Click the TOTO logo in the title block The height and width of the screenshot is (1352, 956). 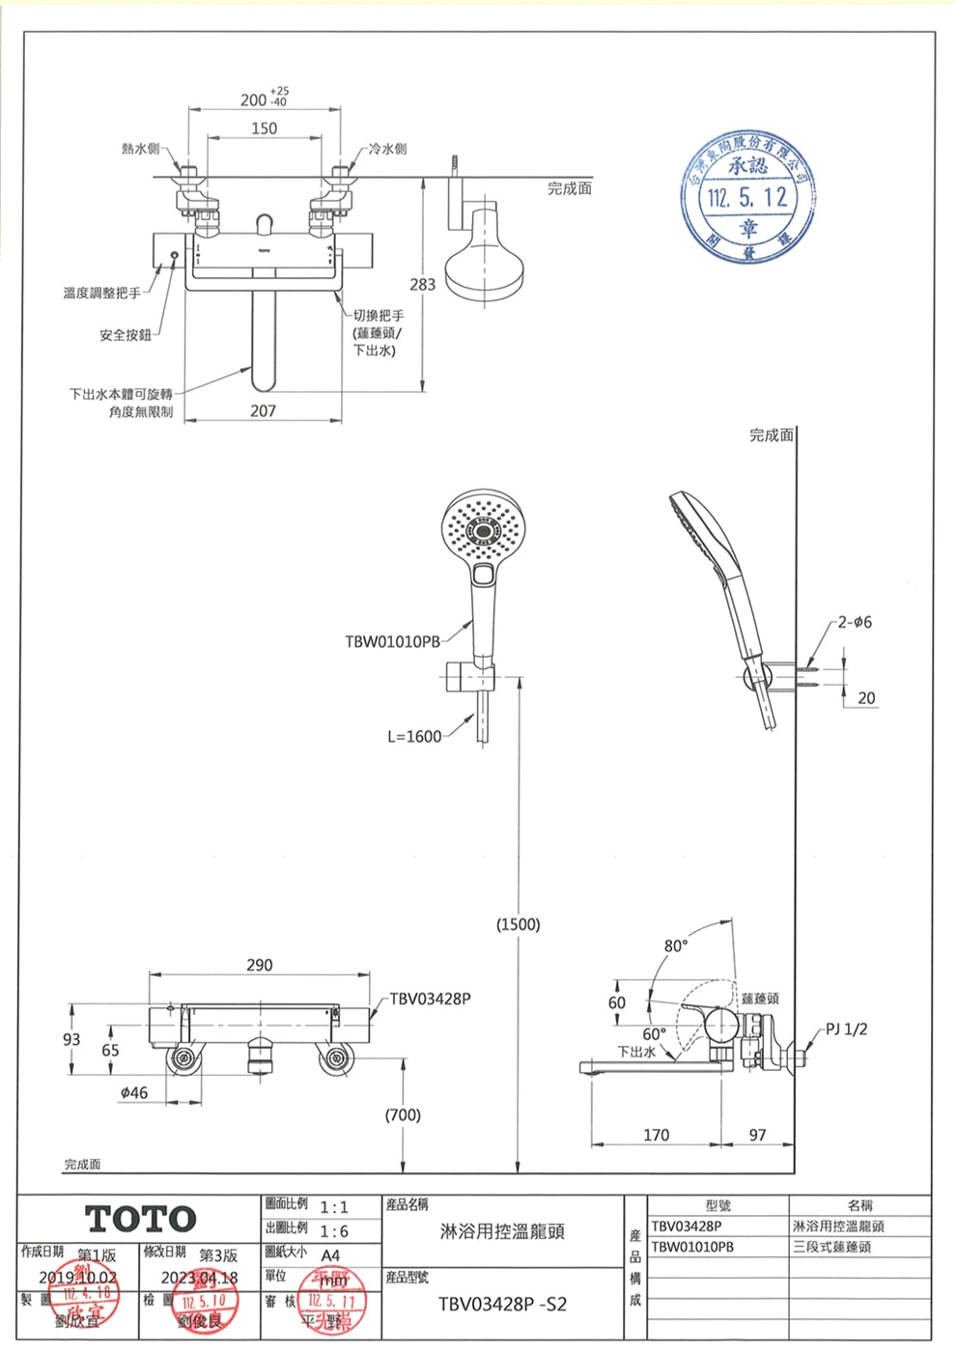pos(141,1219)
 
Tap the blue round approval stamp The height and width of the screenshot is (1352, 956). pos(748,199)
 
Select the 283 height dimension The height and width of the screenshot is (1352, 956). pos(422,285)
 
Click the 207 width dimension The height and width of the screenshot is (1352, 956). pos(263,411)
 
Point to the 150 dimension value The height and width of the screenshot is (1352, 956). pos(264,128)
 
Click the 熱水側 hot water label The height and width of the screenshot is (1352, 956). pos(140,149)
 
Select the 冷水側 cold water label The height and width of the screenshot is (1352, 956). pos(387,149)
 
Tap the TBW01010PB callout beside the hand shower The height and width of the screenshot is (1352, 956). pos(392,641)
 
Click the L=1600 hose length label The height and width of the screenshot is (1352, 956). pos(414,737)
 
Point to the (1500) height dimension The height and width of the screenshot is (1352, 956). pos(518,924)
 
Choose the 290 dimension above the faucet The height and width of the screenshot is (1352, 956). pos(259,965)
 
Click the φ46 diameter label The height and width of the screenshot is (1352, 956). pos(134,1092)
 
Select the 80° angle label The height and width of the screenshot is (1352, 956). pos(676,945)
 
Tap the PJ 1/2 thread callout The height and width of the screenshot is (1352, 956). pos(846,1028)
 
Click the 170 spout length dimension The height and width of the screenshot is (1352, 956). pos(656,1135)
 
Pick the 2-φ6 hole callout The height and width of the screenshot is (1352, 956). pos(855,622)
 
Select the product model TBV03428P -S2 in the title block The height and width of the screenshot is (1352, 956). pos(502,1304)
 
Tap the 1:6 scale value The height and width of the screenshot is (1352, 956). pos(334,1231)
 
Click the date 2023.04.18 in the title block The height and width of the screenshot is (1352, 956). pos(199,1278)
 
